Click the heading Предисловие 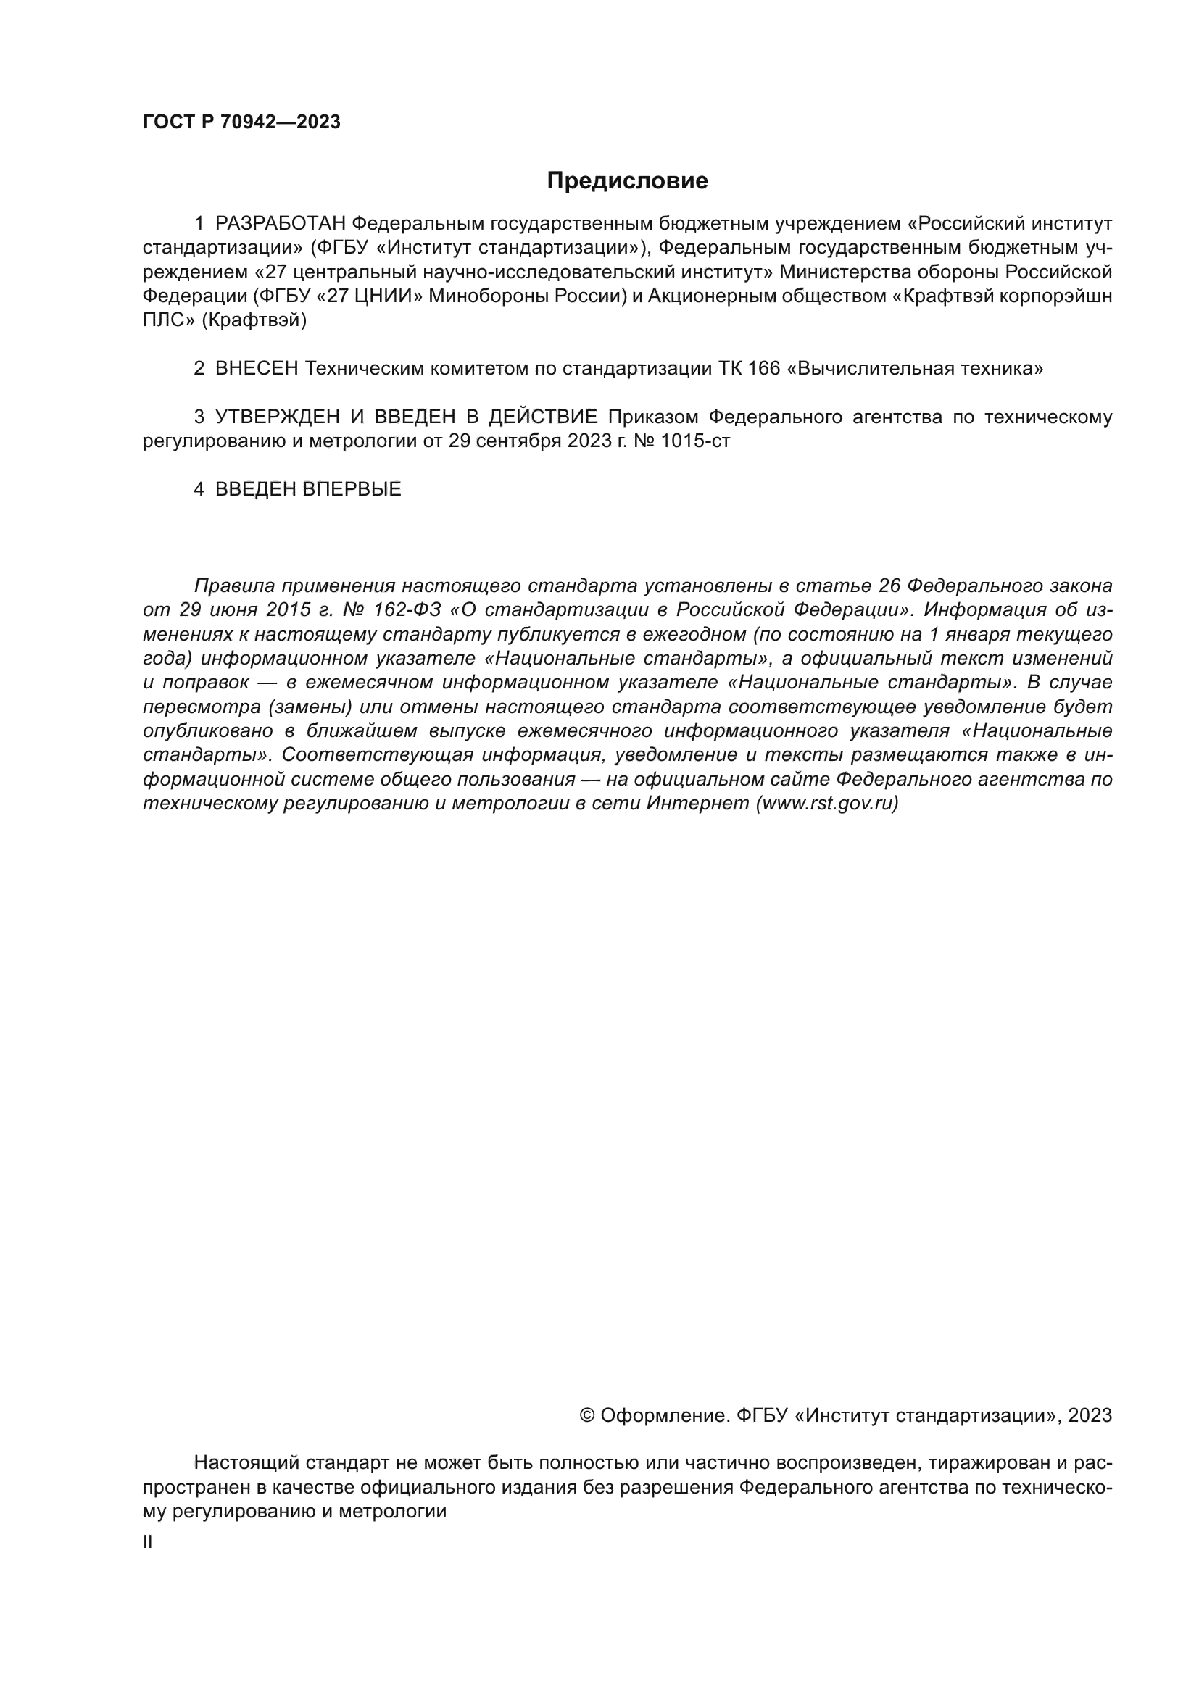[627, 181]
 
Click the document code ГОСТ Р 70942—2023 [241, 122]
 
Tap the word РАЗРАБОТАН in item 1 [280, 223]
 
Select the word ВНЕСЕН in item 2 [256, 368]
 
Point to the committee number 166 [763, 368]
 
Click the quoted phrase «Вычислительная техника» [916, 368]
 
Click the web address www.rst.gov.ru [827, 803]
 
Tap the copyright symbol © [588, 1415]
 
